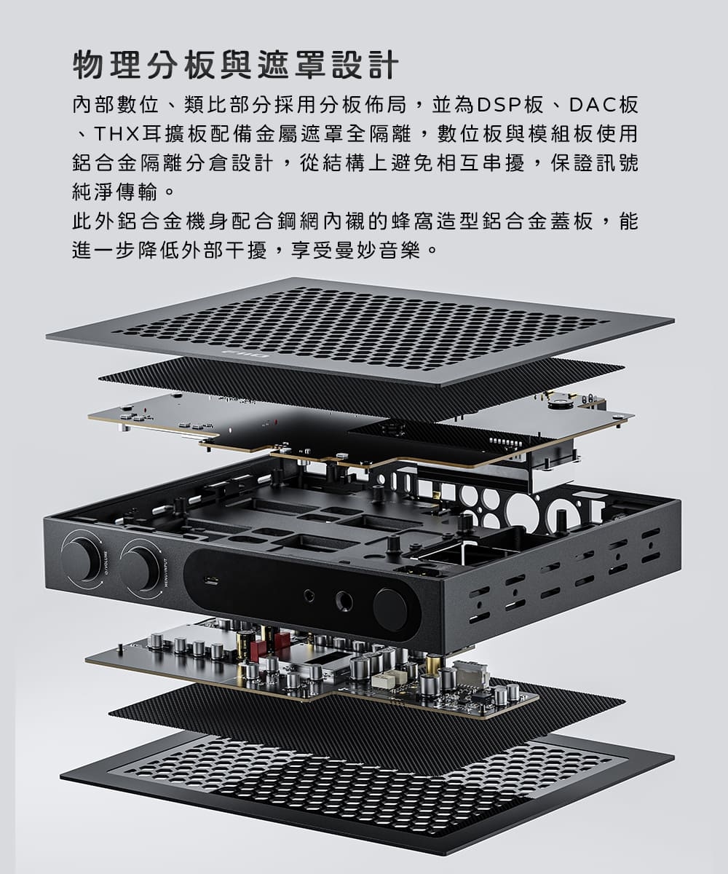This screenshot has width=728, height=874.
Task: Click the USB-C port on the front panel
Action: click(x=212, y=580)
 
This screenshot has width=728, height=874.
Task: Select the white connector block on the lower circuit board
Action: click(x=383, y=680)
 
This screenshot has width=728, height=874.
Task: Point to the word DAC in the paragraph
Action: click(x=592, y=106)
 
